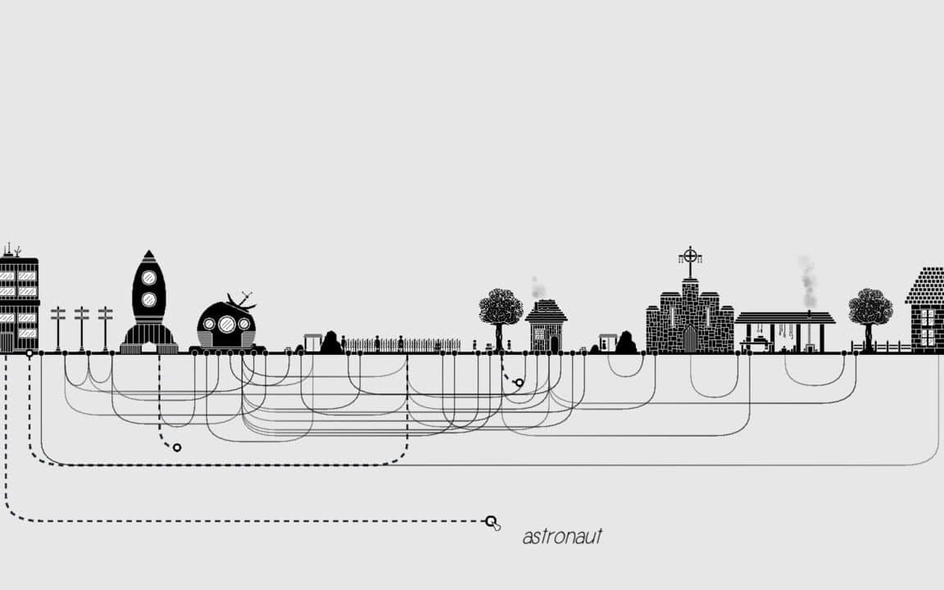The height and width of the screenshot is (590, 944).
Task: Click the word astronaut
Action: click(562, 537)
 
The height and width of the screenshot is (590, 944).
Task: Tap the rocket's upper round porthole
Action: click(148, 278)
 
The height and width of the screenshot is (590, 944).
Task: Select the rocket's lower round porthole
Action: click(148, 300)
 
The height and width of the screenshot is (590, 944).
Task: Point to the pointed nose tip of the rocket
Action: click(148, 251)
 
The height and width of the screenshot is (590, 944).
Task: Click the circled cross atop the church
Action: click(691, 256)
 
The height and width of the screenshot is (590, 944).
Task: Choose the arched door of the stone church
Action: click(690, 339)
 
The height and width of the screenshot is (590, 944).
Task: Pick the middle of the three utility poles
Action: click(82, 328)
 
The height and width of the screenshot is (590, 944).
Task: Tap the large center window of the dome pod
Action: click(226, 324)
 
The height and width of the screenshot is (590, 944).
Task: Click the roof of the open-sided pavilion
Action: click(785, 318)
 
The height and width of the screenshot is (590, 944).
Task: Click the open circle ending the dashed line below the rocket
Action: click(177, 447)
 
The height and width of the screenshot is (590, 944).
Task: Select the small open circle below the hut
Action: click(520, 383)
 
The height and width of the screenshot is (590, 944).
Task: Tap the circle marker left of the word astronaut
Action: click(491, 521)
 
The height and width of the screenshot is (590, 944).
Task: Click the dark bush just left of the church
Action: click(625, 343)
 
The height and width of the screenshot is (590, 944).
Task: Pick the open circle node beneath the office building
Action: click(29, 353)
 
